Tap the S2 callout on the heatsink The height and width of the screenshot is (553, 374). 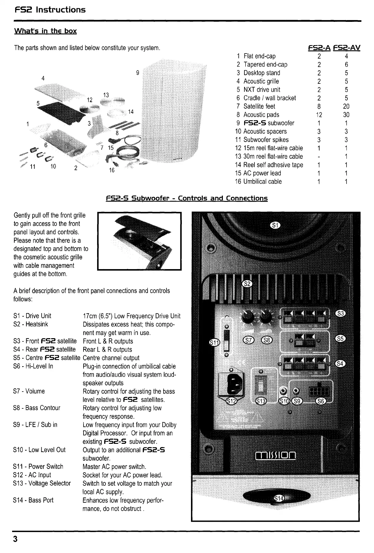tap(247, 284)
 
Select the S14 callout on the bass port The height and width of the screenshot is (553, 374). tap(278, 498)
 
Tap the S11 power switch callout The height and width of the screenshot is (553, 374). tap(215, 343)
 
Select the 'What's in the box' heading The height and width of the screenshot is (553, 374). tap(45, 31)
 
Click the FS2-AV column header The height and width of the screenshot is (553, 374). tap(347, 48)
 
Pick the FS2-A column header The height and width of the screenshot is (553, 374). tap(319, 48)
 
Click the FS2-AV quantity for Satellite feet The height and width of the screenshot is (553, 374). tap(346, 106)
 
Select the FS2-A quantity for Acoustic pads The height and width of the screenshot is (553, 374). tap(319, 115)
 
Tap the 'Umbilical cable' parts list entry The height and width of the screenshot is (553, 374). tap(262, 181)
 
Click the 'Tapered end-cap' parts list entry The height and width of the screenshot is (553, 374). tap(265, 64)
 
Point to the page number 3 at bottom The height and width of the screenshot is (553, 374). tap(15, 539)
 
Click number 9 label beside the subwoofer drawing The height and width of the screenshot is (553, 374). tap(138, 73)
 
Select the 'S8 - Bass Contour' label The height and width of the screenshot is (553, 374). tap(37, 408)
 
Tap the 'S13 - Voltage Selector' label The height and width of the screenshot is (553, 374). tap(42, 483)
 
